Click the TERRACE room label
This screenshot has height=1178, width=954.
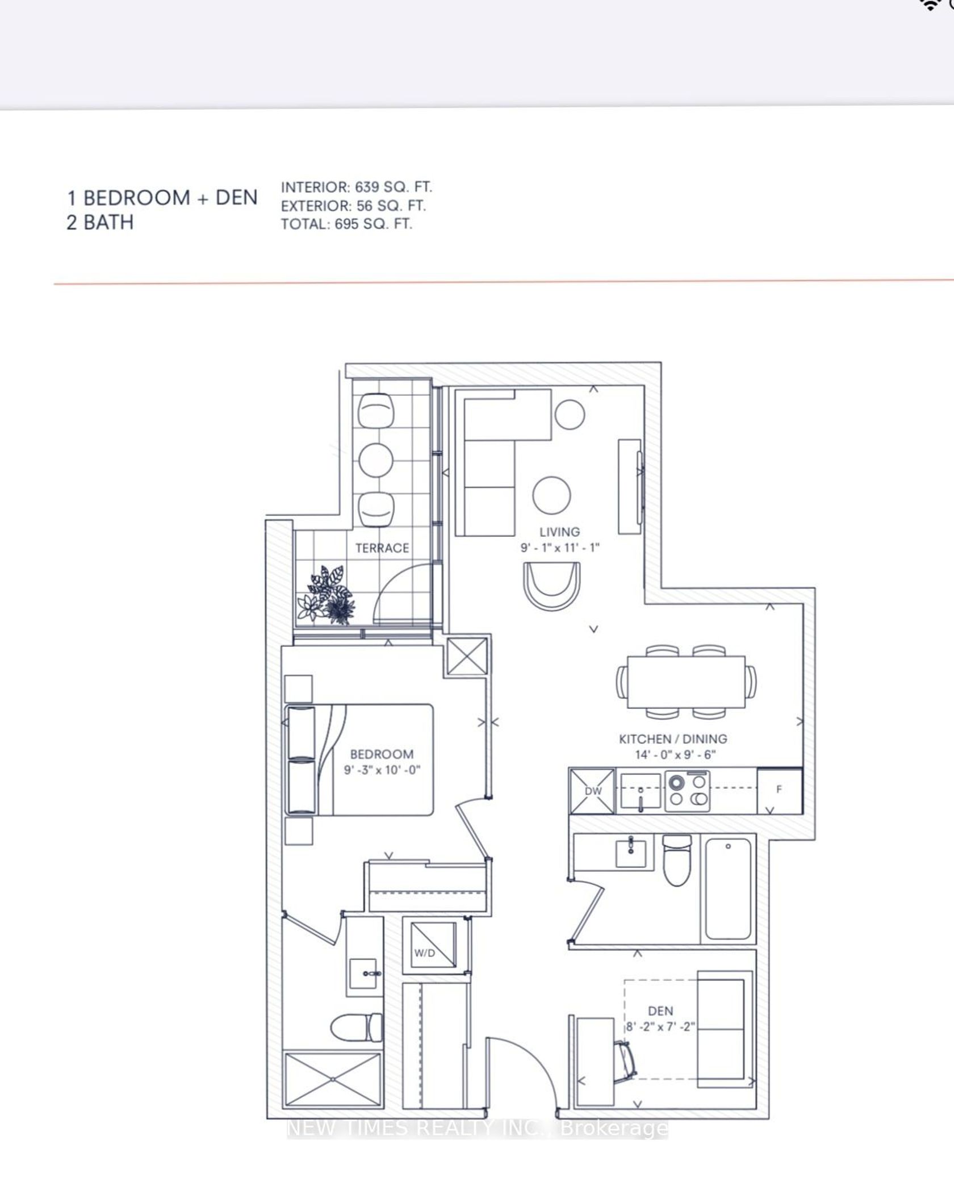[382, 548]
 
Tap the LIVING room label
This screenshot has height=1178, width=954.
[560, 532]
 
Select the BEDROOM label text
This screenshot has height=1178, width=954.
[382, 754]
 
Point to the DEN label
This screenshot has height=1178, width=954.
[660, 1011]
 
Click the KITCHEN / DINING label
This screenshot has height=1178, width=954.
[673, 739]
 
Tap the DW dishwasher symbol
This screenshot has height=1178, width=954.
[592, 791]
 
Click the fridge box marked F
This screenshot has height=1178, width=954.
[780, 791]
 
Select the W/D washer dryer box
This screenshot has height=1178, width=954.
[434, 945]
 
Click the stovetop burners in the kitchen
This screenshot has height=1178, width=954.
[688, 791]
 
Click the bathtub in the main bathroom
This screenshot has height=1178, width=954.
[729, 890]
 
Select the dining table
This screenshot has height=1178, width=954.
[686, 682]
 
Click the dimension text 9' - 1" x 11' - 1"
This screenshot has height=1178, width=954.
[560, 548]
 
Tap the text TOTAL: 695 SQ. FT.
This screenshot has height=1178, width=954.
[346, 224]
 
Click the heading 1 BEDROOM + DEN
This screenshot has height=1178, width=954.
[162, 198]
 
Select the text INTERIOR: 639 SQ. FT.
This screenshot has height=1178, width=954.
[357, 187]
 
